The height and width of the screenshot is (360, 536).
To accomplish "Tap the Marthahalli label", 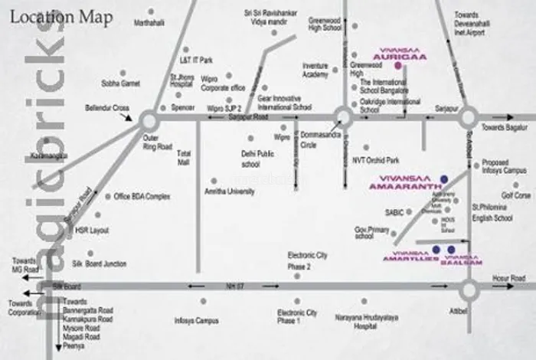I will [149, 23].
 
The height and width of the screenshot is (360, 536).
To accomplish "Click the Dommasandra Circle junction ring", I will [343, 116].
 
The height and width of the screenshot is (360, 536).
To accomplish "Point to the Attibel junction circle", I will [469, 289].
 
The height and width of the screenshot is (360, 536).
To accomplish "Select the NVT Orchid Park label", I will [376, 160].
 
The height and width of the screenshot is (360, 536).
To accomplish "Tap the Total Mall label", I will [183, 158].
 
